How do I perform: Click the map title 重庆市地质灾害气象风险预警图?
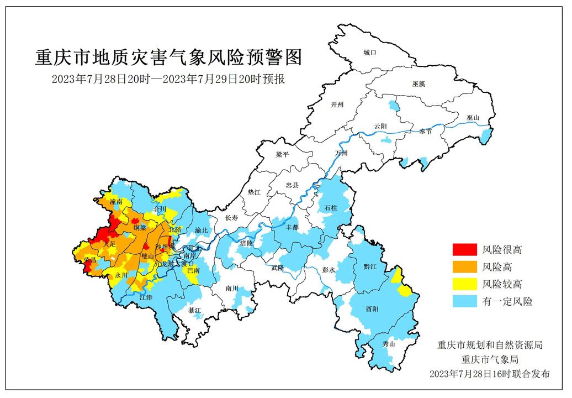click(x=170, y=56)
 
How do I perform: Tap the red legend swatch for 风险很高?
click(x=464, y=250)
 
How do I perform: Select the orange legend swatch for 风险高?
click(x=464, y=268)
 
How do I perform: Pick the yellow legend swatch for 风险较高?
click(x=464, y=284)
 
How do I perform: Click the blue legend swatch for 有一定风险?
click(x=464, y=301)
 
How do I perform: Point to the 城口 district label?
click(x=369, y=53)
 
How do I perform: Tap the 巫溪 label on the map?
click(x=419, y=84)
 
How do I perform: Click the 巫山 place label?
click(x=473, y=118)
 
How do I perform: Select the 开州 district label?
click(x=337, y=104)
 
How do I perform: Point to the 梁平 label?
click(x=282, y=155)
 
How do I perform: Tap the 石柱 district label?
click(x=331, y=207)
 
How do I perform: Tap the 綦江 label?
click(x=195, y=310)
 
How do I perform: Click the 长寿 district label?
click(x=232, y=218)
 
